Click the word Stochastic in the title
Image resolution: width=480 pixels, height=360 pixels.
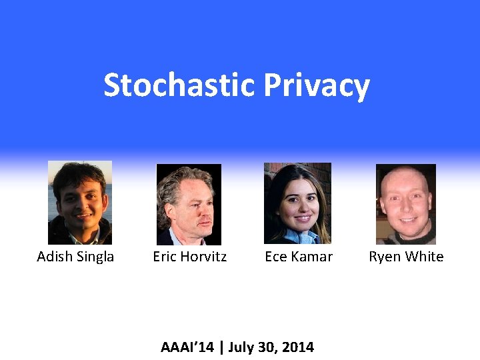(x=179, y=85)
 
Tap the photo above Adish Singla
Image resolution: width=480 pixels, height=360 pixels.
(x=80, y=202)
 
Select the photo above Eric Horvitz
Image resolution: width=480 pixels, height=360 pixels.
(x=189, y=204)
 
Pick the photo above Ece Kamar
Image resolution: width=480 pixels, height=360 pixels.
(x=297, y=203)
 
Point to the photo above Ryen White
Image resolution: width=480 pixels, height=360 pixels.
(x=406, y=204)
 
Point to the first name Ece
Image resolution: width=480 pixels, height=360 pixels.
(x=276, y=257)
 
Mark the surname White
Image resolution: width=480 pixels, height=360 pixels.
(x=424, y=257)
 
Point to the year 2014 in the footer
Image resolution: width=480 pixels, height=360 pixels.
(x=298, y=347)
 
